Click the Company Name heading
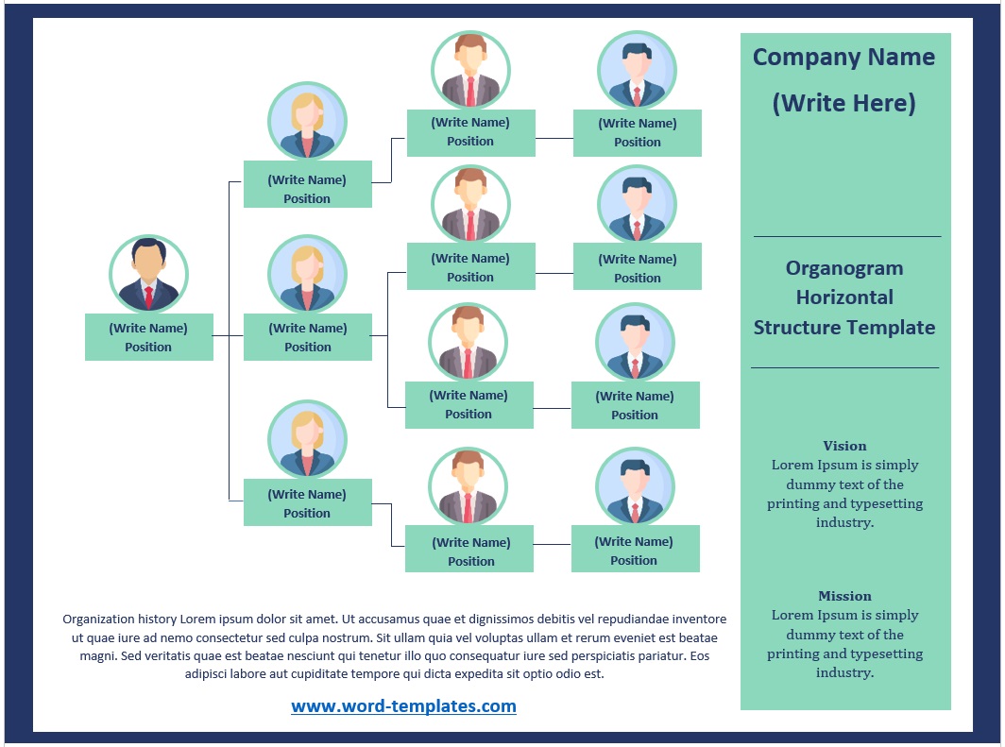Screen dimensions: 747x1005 coord(843,57)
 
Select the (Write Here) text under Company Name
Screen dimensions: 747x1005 coord(843,102)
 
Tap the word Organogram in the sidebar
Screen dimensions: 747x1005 coord(844,268)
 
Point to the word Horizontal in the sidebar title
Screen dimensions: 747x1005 coord(844,297)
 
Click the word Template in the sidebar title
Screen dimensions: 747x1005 coord(889,328)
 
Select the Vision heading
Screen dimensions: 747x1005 coord(844,446)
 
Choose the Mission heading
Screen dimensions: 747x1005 coord(844,596)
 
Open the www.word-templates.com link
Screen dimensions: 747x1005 coord(403,705)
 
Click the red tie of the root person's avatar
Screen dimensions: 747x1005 coord(149,297)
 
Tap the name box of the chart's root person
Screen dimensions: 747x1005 coord(149,337)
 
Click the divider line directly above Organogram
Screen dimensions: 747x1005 coord(846,236)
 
